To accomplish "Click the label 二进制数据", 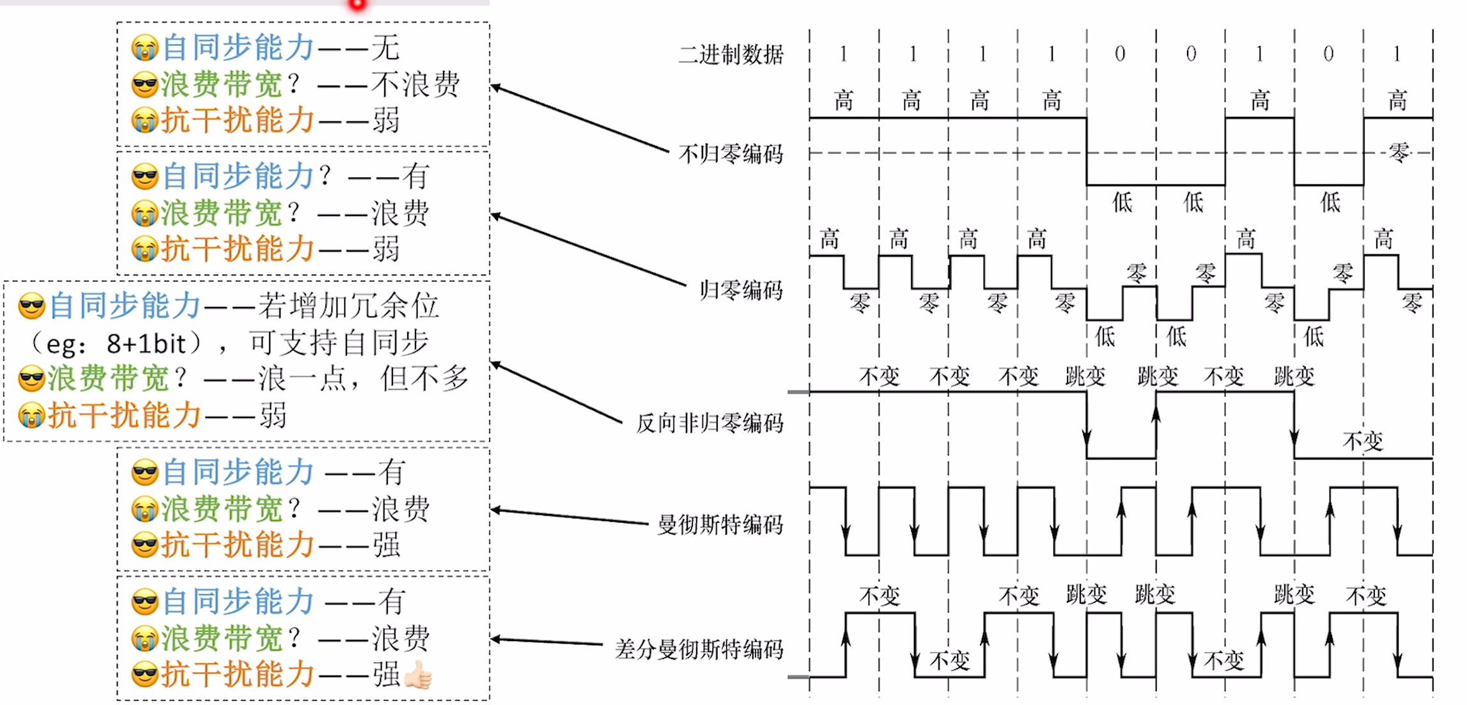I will tap(731, 55).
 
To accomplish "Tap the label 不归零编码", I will tap(731, 154).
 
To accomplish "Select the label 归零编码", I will tap(741, 290).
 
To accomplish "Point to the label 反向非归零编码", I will tap(710, 423).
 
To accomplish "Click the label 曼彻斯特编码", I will tap(720, 525).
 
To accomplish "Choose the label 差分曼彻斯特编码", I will tap(699, 649).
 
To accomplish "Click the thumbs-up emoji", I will tap(419, 675).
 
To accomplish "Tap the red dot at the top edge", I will tap(358, 4).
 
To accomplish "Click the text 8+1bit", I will tap(146, 344).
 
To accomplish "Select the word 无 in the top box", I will tap(385, 47).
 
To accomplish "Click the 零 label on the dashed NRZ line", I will tap(1399, 152).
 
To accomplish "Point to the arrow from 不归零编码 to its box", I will tap(578, 119).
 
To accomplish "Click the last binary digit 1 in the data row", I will tap(1397, 54).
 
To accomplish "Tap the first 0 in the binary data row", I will tap(1120, 54).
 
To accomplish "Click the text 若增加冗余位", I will tap(348, 306).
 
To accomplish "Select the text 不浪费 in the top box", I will tap(415, 84).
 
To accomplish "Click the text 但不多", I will tap(425, 378).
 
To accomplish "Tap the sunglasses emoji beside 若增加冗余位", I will tap(32, 306).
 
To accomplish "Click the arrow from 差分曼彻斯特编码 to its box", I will tap(547, 641).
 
